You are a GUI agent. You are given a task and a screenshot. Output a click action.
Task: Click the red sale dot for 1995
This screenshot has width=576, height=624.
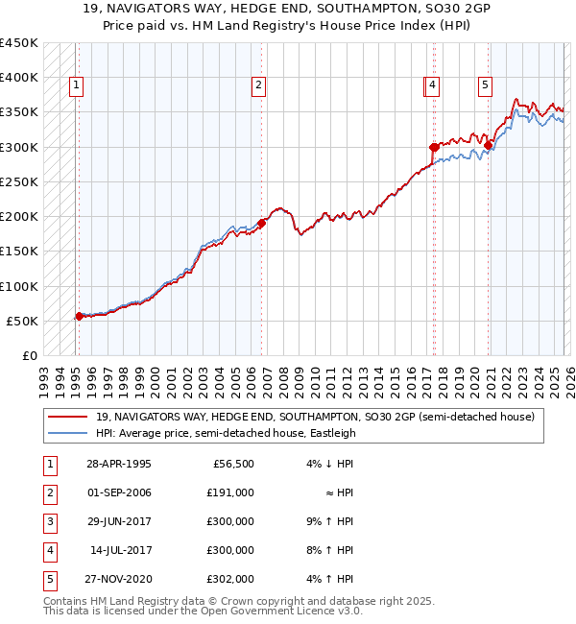pos(79,315)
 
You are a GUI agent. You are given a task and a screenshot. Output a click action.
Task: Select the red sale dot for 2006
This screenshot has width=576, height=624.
pos(261,222)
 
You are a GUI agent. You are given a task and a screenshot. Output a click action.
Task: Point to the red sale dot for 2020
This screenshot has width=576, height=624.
pos(489,145)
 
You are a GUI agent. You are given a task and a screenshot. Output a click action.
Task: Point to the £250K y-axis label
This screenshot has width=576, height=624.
pos(19,181)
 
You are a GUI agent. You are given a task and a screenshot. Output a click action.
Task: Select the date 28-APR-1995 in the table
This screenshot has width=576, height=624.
pos(119,464)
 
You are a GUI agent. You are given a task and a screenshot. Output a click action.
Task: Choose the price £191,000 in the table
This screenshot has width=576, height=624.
pos(231,492)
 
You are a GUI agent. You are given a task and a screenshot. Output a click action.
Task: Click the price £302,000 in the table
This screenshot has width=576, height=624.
pos(231,579)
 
